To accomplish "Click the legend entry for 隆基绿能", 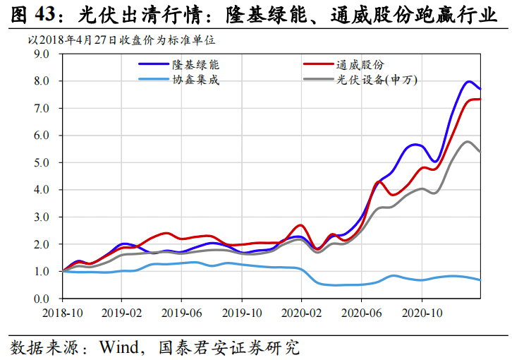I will tap(191, 64).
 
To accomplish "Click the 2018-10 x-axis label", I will tap(63, 310).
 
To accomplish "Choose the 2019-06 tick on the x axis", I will tap(182, 310).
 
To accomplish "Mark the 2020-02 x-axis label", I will tap(301, 310).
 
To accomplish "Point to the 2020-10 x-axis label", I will tap(421, 310).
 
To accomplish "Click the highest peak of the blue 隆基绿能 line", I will tap(469, 81).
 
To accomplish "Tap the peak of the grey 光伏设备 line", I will tap(468, 141).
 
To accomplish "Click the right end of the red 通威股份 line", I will tap(480, 99).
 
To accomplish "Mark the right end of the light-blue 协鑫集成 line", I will tap(480, 280).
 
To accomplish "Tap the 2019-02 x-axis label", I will tap(122, 310).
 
